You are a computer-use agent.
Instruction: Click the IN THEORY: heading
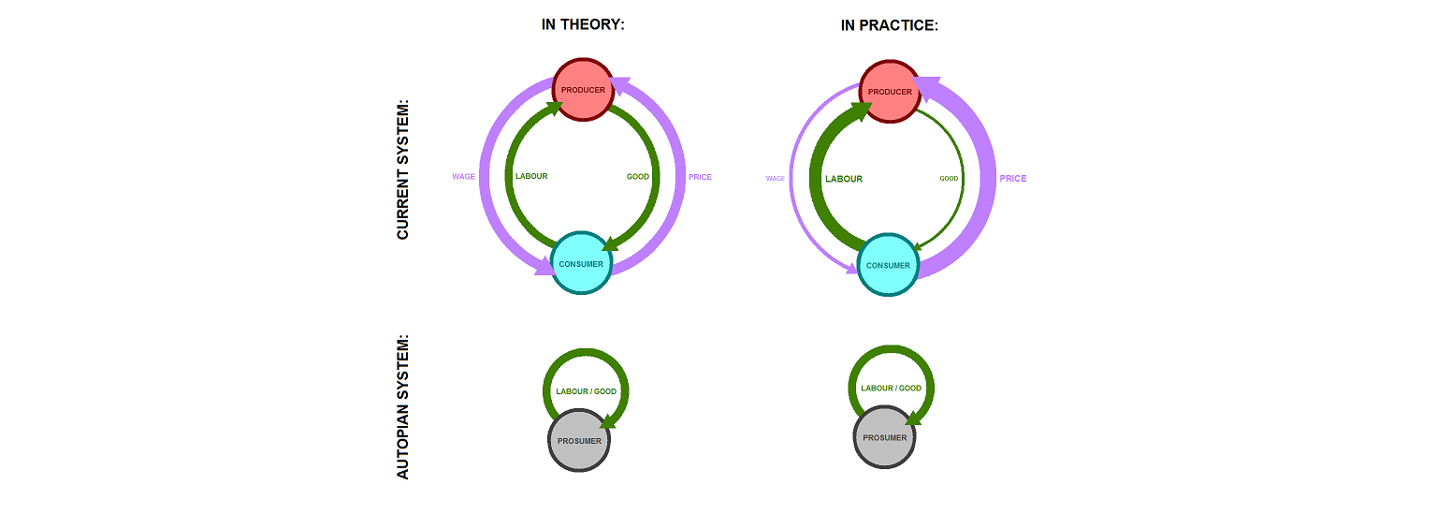pyautogui.click(x=583, y=25)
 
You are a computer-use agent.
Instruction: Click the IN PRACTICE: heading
pyautogui.click(x=889, y=25)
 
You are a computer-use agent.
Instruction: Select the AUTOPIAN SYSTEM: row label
pyautogui.click(x=403, y=407)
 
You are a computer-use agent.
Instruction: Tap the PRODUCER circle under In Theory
pyautogui.click(x=583, y=90)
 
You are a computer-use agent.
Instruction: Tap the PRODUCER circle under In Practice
pyautogui.click(x=889, y=91)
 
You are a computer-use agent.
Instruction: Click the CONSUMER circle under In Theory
pyautogui.click(x=581, y=263)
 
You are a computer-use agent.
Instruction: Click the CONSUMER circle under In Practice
pyautogui.click(x=888, y=265)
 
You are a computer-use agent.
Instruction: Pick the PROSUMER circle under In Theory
pyautogui.click(x=579, y=440)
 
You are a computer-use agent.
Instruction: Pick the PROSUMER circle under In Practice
pyautogui.click(x=885, y=437)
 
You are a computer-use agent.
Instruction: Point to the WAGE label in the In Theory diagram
pyautogui.click(x=463, y=176)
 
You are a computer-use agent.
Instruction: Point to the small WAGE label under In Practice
pyautogui.click(x=775, y=178)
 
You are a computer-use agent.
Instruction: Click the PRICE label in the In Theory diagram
pyautogui.click(x=700, y=177)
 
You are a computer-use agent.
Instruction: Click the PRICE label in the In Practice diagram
pyautogui.click(x=1012, y=178)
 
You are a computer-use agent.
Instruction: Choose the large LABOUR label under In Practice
pyautogui.click(x=843, y=179)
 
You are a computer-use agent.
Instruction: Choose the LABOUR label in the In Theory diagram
pyautogui.click(x=531, y=176)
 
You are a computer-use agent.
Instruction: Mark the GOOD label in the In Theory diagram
pyautogui.click(x=637, y=176)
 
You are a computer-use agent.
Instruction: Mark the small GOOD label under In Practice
pyautogui.click(x=949, y=178)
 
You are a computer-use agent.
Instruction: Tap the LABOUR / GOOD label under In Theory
pyautogui.click(x=586, y=391)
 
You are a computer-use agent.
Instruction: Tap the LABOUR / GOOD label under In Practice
pyautogui.click(x=891, y=388)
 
